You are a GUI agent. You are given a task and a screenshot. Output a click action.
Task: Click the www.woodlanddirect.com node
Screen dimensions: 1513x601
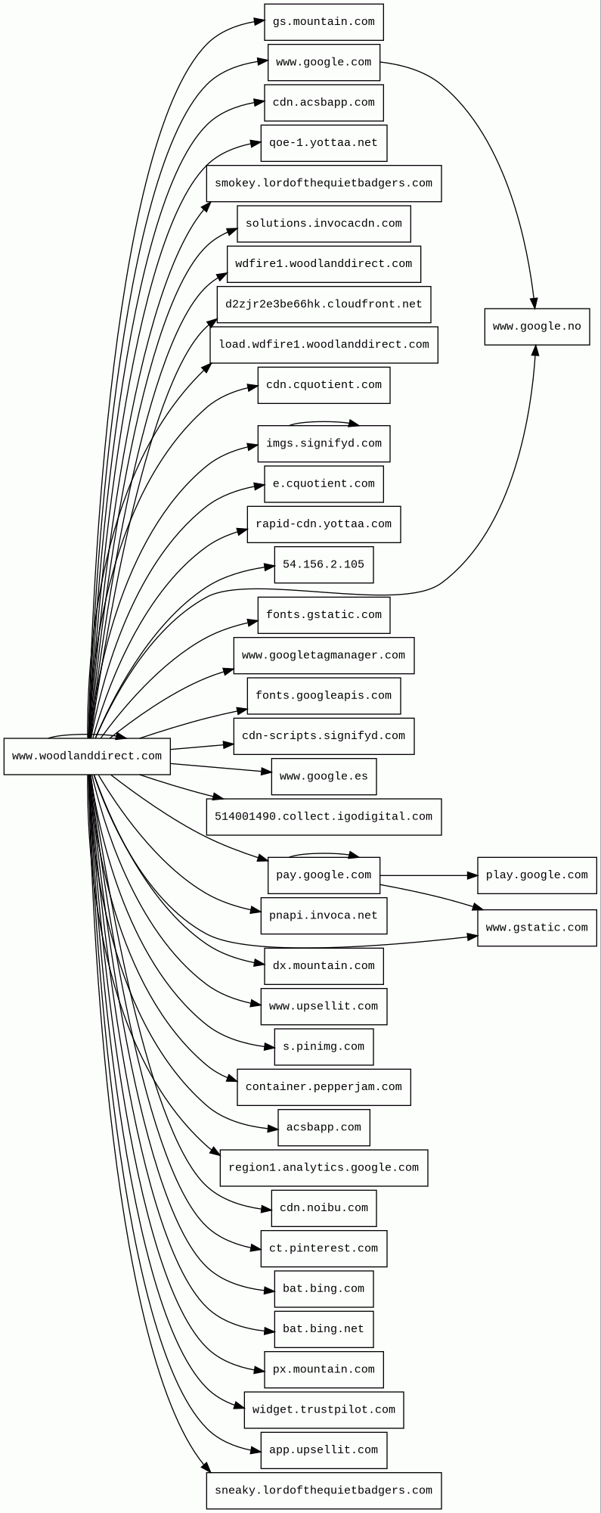[87, 756]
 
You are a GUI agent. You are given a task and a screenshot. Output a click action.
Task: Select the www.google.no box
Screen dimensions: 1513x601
[537, 327]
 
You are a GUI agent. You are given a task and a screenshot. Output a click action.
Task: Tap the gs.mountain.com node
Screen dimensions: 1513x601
[324, 22]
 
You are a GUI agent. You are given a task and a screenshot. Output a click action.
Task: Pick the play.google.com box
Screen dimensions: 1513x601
[537, 875]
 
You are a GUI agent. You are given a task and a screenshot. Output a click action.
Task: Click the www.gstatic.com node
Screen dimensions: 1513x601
[537, 927]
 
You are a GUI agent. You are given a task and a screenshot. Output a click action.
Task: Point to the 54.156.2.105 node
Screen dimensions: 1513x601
[324, 564]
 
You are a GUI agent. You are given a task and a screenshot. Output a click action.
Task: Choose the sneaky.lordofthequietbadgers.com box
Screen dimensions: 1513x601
[324, 1490]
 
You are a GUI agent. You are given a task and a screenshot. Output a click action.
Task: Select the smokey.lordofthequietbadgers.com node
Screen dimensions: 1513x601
[324, 183]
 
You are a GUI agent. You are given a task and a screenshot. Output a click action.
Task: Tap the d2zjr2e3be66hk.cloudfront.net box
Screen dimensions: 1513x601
[324, 304]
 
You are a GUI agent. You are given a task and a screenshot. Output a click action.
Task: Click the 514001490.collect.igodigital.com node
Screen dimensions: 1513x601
[324, 817]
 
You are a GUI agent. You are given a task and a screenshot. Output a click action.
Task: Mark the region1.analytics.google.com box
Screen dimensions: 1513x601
[324, 1167]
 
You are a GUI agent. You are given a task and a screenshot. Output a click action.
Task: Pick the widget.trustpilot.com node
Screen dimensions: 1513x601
[324, 1409]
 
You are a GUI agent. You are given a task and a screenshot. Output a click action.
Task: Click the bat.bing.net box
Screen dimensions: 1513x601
[324, 1329]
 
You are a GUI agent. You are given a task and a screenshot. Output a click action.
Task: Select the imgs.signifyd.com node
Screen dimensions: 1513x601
[324, 443]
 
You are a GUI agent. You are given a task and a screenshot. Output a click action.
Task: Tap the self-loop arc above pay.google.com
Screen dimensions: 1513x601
[324, 853]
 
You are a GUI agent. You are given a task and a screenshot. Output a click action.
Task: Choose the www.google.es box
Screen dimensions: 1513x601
[324, 776]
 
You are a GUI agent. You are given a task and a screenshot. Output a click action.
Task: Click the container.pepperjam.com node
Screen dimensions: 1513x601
[324, 1087]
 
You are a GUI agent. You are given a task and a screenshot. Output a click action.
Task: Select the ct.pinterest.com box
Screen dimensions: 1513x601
[324, 1248]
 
